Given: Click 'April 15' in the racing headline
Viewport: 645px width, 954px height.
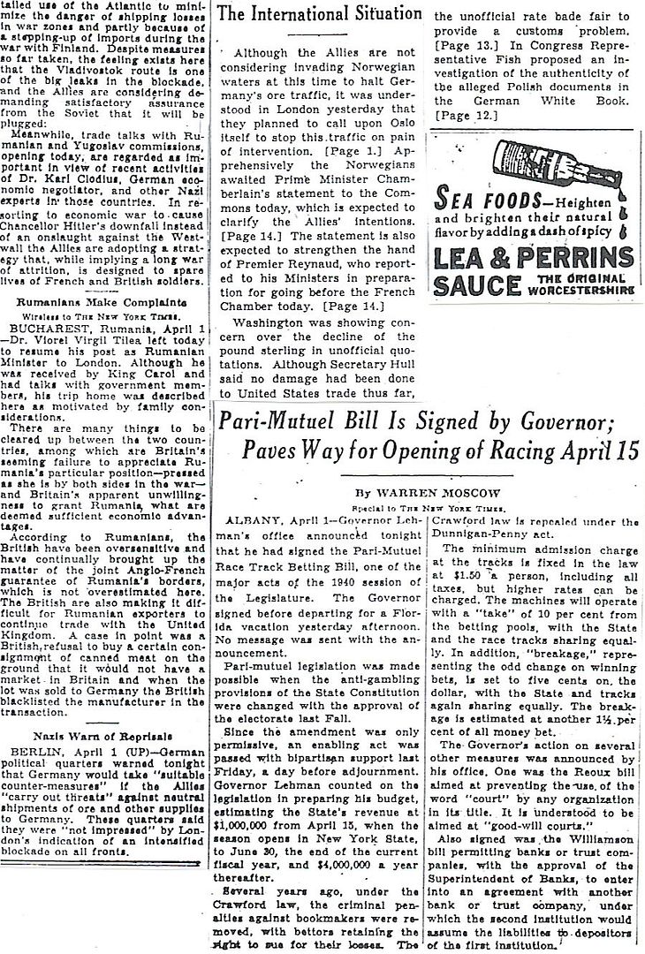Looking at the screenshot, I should pos(604,449).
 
